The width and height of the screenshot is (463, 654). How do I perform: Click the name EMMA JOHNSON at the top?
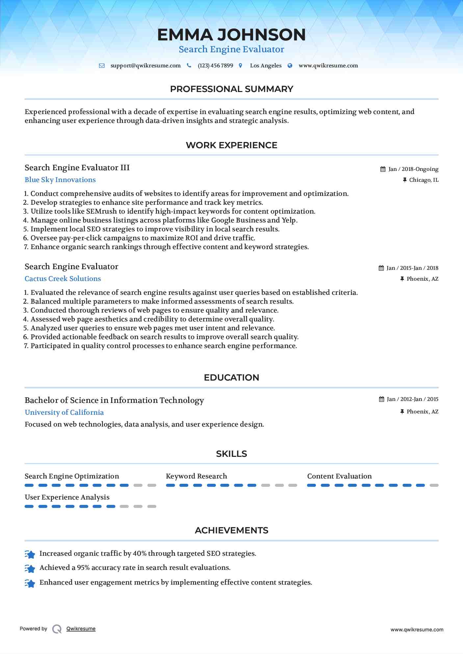pos(231,35)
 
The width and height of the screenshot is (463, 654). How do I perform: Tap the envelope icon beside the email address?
pos(102,66)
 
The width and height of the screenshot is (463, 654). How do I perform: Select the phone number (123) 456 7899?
pos(215,66)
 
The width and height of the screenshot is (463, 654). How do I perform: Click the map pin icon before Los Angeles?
pos(241,66)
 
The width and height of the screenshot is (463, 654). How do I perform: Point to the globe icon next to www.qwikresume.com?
pos(290,66)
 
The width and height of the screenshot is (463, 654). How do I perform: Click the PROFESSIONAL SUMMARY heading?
pos(231,89)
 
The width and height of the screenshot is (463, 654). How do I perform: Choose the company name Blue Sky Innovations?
pos(60,180)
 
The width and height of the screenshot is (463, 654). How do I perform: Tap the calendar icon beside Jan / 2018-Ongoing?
pos(383,169)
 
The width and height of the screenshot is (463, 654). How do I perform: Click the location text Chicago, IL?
pos(424,180)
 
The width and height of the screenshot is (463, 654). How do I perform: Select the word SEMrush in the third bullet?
pos(101,211)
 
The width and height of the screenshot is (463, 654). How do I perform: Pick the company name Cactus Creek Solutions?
pos(63,279)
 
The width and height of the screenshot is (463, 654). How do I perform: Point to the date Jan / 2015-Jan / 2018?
pos(412,268)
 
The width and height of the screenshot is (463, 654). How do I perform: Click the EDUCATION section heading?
pos(231,378)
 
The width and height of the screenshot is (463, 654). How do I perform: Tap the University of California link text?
pos(64,412)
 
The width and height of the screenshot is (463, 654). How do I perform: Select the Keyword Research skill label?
pos(196,476)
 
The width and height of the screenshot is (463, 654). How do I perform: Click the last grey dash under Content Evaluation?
pos(434,485)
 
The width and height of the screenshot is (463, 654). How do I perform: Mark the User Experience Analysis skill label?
pos(67,497)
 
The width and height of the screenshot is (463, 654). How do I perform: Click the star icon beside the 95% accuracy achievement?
pos(30,568)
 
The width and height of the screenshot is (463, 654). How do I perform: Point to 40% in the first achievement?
pos(140,553)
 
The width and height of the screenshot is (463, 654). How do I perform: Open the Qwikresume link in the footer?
pos(81,629)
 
